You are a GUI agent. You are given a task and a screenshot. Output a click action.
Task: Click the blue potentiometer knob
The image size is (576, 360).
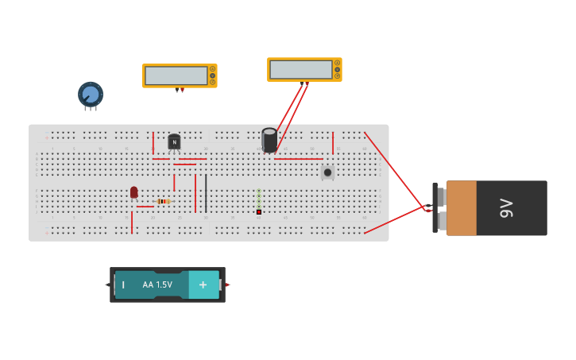tap(91, 95)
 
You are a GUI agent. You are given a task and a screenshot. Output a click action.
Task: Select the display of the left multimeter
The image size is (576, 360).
tap(176, 75)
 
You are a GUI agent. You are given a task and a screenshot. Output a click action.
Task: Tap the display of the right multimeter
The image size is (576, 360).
tap(300, 70)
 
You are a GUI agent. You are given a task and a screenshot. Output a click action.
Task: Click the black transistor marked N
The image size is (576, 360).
tap(174, 141)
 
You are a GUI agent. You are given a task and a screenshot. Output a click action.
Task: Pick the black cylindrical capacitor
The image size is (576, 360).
tap(269, 140)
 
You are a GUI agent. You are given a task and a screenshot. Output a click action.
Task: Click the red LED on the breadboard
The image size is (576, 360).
tap(133, 192)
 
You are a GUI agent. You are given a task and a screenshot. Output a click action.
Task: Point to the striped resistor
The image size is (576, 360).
tap(164, 201)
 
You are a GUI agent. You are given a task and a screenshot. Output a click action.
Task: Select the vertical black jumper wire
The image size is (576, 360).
tap(206, 193)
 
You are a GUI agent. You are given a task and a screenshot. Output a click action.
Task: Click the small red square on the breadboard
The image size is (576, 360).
tap(259, 212)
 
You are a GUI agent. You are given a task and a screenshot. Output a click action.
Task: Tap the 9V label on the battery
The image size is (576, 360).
tap(506, 208)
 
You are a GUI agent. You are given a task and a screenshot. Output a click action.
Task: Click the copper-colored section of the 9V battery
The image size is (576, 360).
tap(462, 208)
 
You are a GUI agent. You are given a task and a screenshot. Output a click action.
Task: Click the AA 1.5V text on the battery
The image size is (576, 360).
tap(157, 285)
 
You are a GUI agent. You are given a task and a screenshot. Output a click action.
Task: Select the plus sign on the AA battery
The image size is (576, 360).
tap(203, 285)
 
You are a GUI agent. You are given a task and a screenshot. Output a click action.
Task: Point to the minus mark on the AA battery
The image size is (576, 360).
tap(123, 285)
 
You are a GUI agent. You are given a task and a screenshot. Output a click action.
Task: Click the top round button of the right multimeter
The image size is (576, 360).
tap(337, 63)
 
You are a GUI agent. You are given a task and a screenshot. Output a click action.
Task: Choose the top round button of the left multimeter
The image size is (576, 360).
tap(212, 69)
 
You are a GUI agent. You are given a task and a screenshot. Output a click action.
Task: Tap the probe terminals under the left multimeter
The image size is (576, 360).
tap(180, 90)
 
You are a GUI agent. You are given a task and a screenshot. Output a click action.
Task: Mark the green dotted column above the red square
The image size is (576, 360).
tap(259, 198)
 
